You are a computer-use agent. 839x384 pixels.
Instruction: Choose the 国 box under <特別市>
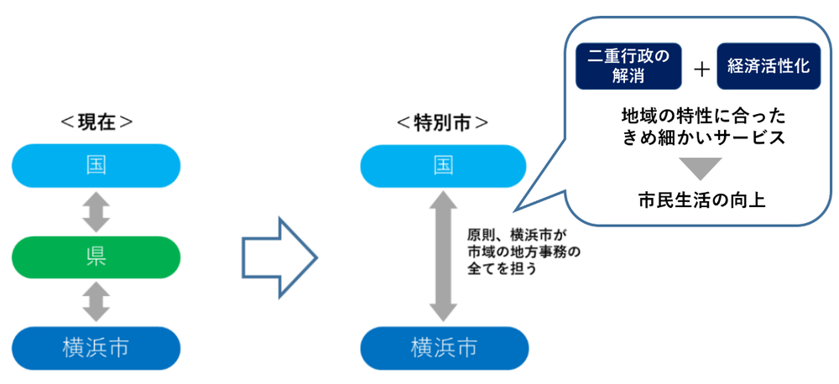(443, 165)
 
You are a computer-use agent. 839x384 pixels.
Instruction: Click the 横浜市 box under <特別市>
(443, 346)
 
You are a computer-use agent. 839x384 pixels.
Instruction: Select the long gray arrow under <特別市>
(443, 256)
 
